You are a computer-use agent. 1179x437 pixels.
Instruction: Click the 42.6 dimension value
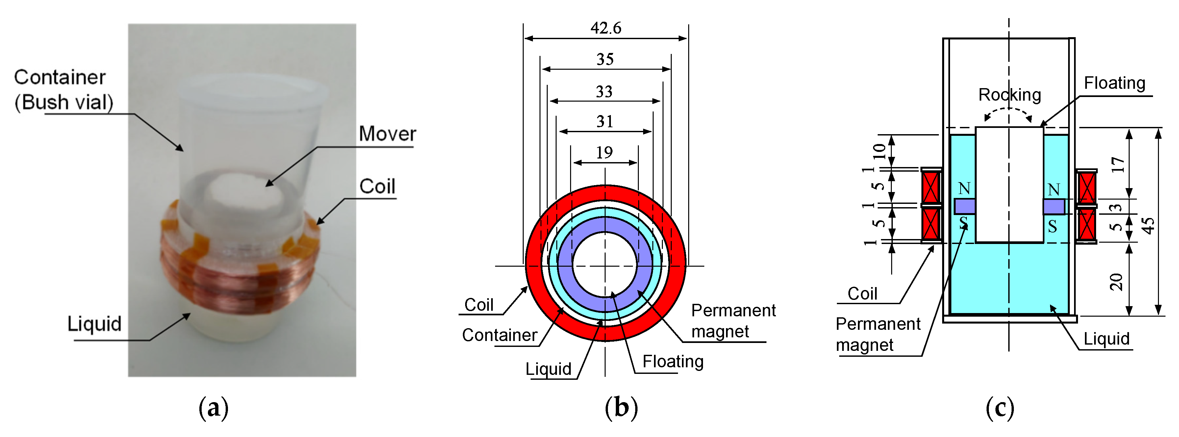(x=606, y=28)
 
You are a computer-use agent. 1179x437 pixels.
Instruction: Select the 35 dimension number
(x=605, y=60)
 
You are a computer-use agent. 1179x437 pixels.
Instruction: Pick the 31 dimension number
(x=605, y=122)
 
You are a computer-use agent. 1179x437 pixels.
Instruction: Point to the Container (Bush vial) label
(x=63, y=90)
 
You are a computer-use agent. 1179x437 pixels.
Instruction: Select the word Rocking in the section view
(x=1009, y=95)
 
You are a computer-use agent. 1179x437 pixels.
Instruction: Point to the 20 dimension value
(x=1117, y=282)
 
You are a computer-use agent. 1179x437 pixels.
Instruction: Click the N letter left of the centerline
(x=964, y=188)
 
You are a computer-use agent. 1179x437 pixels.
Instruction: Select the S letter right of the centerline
(x=1053, y=226)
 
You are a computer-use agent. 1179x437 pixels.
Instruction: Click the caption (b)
(x=621, y=407)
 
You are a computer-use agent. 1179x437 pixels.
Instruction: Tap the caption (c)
(x=1000, y=407)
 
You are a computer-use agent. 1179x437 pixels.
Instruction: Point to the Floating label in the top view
(x=672, y=361)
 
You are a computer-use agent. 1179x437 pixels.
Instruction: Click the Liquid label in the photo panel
(x=94, y=324)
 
